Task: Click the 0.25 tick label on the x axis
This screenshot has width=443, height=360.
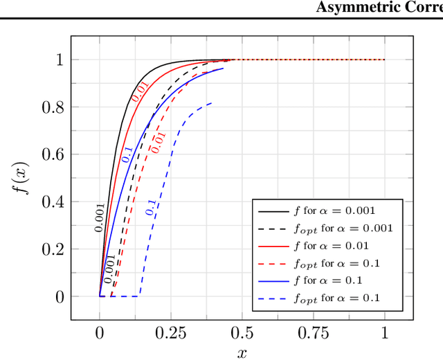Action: point(171,332)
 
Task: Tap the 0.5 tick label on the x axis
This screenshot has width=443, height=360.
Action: point(242,332)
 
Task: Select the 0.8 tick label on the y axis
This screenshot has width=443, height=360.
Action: point(52,107)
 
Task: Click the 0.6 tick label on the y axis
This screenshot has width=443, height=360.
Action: point(52,154)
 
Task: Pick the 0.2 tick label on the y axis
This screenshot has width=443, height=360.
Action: point(52,249)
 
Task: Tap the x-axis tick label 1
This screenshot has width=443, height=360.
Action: point(385,332)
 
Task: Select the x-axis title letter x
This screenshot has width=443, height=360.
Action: point(242,353)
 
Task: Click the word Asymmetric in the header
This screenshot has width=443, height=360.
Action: point(354,8)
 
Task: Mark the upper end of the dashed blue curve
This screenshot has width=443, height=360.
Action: point(211,102)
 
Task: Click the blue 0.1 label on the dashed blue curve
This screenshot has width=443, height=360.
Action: point(150,208)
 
